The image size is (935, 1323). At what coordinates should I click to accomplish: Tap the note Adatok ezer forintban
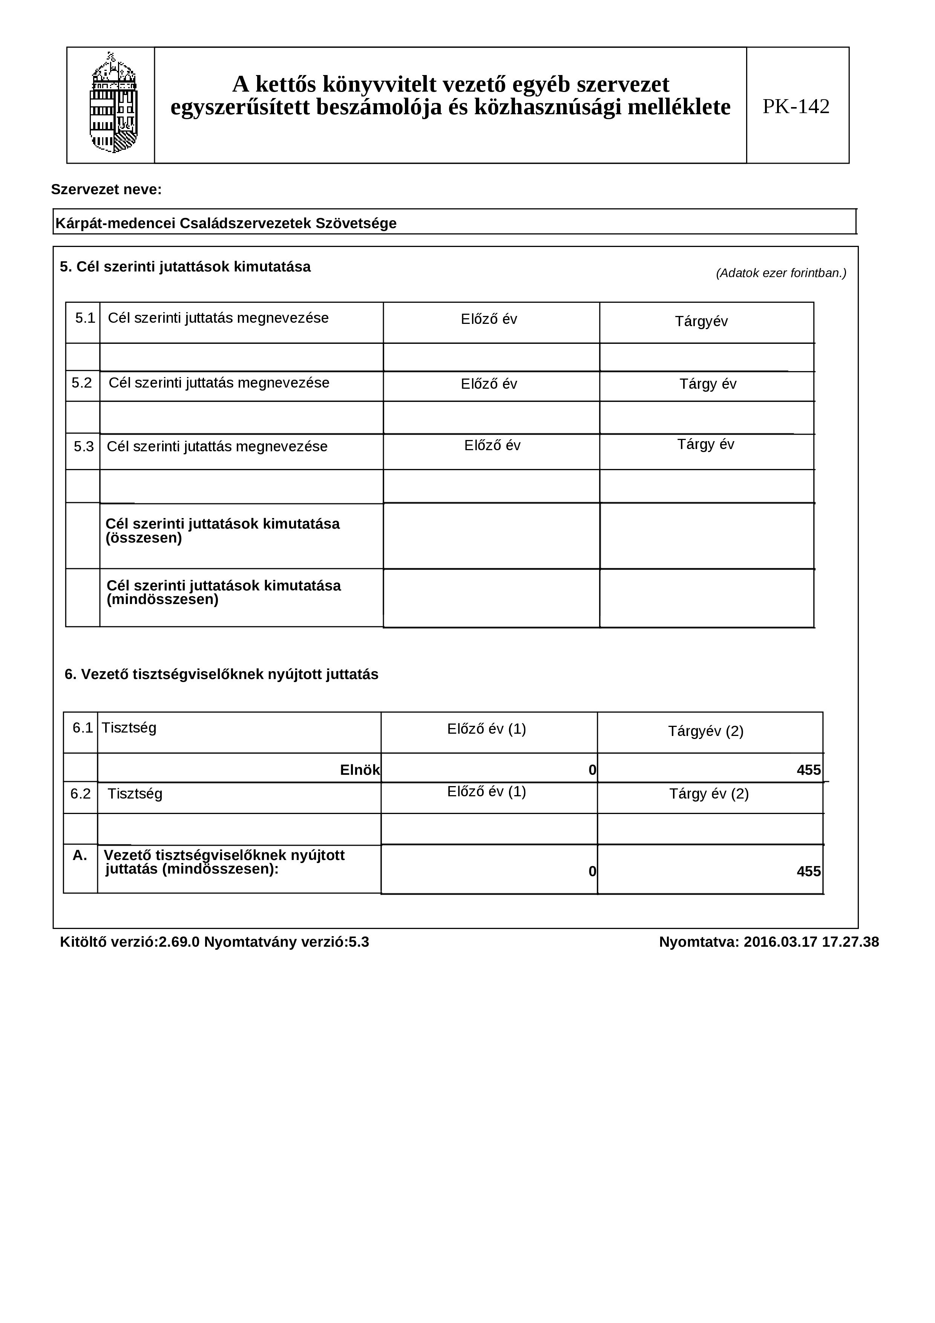[780, 273]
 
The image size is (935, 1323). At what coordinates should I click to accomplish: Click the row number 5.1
[85, 318]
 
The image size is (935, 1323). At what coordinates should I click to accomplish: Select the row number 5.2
[82, 383]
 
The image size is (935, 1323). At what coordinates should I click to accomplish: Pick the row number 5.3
[84, 446]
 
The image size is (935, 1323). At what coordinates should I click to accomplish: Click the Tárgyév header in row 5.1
[701, 322]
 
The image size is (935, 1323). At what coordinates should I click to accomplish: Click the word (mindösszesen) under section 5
[162, 600]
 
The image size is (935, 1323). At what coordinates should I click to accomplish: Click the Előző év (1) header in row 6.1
[486, 729]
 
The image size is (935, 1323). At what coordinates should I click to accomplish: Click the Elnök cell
[359, 770]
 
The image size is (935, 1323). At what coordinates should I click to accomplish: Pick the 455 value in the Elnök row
[808, 770]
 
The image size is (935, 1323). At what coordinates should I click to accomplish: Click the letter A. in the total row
[80, 856]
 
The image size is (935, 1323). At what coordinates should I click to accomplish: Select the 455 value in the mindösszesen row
[808, 871]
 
